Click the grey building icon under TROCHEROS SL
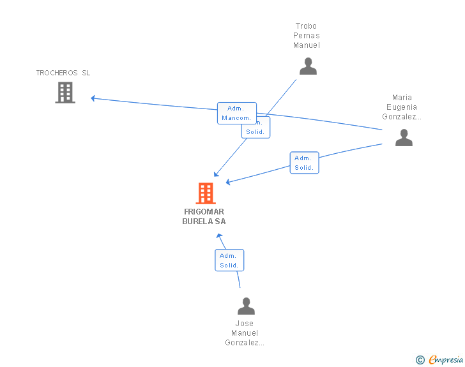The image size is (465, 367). tap(65, 93)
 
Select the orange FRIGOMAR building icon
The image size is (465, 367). tap(205, 193)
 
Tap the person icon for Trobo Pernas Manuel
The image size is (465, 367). tap(308, 66)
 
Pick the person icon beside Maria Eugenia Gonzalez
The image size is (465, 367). tap(404, 137)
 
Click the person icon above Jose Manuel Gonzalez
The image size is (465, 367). tap(246, 306)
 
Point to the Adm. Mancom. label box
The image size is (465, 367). tap(236, 113)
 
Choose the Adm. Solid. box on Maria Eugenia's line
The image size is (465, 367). tap(303, 163)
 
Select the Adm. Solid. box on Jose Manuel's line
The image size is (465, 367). tap(229, 260)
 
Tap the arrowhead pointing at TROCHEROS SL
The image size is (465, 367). tap(93, 98)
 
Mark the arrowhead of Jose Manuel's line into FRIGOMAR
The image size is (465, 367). tap(218, 236)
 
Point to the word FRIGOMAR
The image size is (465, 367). tap(204, 211)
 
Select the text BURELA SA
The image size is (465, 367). tap(204, 221)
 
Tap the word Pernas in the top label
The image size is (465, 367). tap(307, 36)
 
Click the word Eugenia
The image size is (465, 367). tap(402, 107)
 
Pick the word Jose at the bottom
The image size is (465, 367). tap(244, 324)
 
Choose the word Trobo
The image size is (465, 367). tap(306, 26)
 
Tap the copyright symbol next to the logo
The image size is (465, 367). tap(420, 361)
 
